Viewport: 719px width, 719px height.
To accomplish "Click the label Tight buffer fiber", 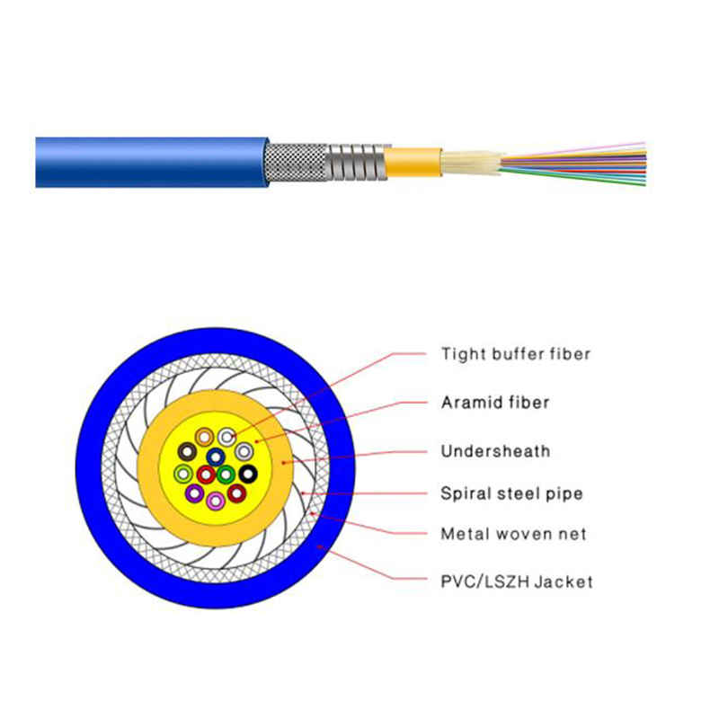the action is click(x=515, y=354).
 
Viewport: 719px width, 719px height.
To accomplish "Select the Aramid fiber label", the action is click(x=495, y=403).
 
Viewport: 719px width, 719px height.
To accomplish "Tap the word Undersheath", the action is click(x=495, y=451).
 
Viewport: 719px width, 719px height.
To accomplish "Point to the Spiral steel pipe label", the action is click(x=511, y=493).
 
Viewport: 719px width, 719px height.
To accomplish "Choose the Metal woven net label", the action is click(x=513, y=534).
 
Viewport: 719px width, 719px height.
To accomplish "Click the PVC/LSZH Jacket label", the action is click(x=517, y=581).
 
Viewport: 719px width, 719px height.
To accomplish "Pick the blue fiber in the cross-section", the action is click(x=216, y=457).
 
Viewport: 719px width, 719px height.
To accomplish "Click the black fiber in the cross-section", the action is click(x=248, y=474).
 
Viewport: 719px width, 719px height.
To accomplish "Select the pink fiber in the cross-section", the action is click(x=216, y=501).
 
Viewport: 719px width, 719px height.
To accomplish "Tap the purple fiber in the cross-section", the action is click(x=194, y=493).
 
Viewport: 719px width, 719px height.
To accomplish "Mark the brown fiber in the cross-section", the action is click(x=187, y=452).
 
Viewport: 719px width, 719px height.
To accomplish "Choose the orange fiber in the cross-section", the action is click(x=205, y=437).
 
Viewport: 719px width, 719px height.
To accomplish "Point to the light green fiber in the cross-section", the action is click(x=183, y=474).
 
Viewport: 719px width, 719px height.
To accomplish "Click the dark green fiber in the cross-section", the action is click(x=226, y=475).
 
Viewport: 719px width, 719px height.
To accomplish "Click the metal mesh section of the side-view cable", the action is click(x=297, y=162).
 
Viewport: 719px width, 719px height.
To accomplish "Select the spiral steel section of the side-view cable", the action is click(x=356, y=162).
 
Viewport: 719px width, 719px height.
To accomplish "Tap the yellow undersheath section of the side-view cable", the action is click(x=413, y=162).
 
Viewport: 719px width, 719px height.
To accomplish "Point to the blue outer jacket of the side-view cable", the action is click(x=151, y=162).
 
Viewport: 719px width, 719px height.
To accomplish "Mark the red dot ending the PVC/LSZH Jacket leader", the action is click(x=320, y=546).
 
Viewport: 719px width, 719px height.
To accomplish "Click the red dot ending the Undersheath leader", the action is click(x=284, y=463).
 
